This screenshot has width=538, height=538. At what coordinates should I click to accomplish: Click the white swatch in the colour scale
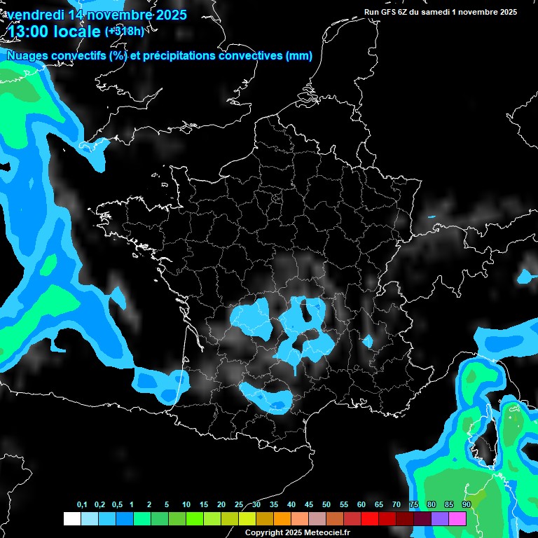(x=71, y=518)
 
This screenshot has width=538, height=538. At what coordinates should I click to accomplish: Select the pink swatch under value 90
(x=457, y=518)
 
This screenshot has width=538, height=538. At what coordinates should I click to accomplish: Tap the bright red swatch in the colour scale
(x=370, y=518)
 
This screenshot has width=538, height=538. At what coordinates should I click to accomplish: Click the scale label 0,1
(x=82, y=504)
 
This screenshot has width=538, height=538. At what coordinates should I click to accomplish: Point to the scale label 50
(x=326, y=504)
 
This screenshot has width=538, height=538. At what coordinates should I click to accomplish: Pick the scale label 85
(x=449, y=504)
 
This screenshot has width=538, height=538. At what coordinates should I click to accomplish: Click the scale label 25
(x=239, y=504)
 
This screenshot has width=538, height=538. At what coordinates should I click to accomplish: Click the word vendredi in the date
(x=38, y=15)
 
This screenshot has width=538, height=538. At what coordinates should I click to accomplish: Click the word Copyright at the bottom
(x=263, y=532)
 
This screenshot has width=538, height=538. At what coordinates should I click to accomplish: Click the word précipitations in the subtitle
(x=177, y=56)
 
